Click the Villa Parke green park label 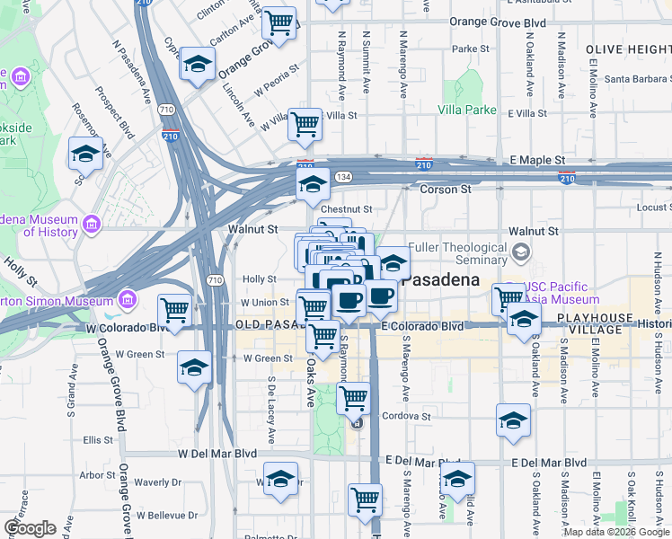467,110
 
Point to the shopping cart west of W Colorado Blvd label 174,310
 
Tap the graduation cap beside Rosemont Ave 85,154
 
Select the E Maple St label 535,159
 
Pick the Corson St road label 447,190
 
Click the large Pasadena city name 440,279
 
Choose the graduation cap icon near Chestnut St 312,185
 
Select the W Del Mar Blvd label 217,454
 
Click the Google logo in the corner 30,528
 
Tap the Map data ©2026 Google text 615,532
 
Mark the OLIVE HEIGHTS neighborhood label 627,49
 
